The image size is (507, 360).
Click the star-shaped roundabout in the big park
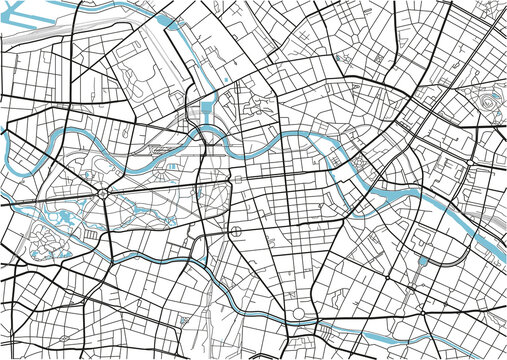pos(103,194)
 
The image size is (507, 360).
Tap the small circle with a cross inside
pos(236,234)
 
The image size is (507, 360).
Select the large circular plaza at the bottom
pos(297,315)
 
